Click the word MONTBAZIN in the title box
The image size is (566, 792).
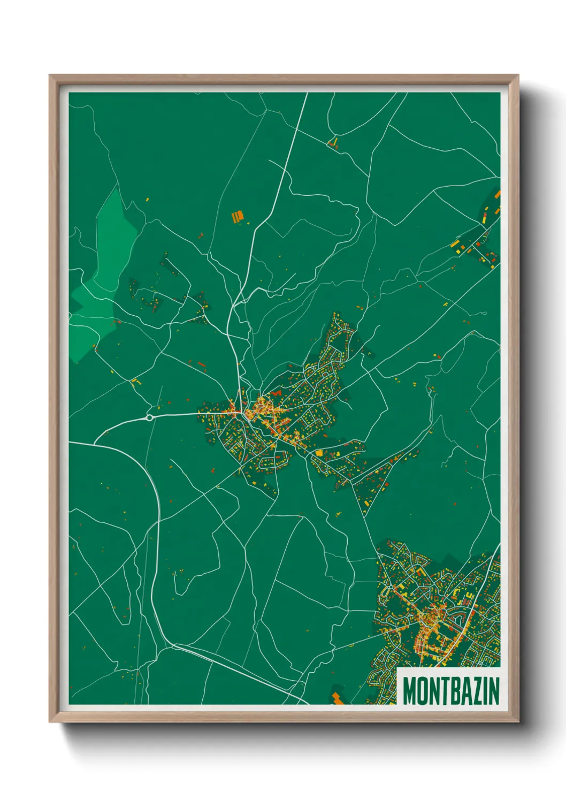click(x=451, y=690)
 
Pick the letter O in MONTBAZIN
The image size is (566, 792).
click(x=422, y=690)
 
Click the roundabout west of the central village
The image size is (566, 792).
click(x=150, y=417)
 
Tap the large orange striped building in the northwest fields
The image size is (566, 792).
click(x=238, y=216)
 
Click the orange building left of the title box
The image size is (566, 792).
click(x=337, y=698)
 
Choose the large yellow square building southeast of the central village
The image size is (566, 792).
click(x=319, y=453)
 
